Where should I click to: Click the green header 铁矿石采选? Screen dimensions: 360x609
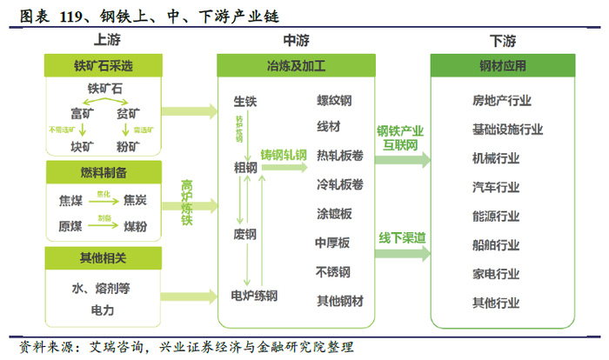coord(104,65)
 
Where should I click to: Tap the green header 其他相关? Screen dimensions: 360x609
coord(104,257)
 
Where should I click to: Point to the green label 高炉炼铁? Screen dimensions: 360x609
coord(186,203)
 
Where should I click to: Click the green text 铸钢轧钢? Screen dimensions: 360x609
coord(284,156)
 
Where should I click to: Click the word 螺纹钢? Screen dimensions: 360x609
coord(334,100)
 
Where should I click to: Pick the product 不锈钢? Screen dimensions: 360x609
coord(334,271)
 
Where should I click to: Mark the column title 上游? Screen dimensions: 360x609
coord(104,40)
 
